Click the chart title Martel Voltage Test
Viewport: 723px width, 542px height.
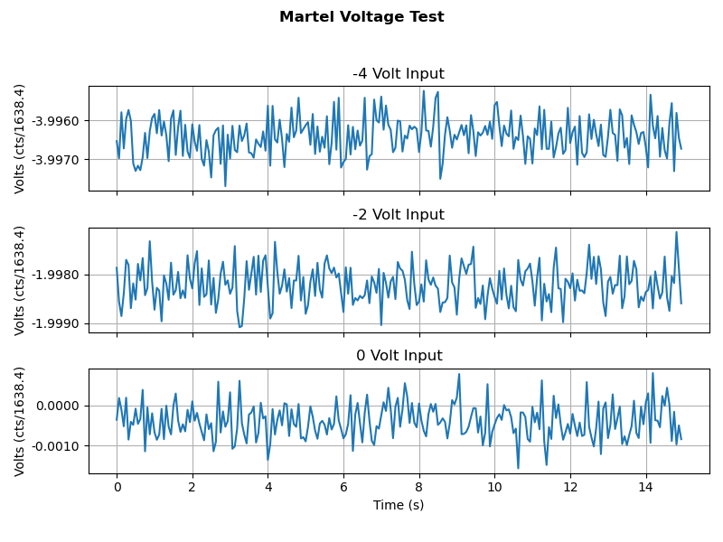coord(361,17)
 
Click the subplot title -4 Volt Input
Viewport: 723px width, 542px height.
coord(399,74)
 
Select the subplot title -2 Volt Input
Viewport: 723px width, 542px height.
coord(399,215)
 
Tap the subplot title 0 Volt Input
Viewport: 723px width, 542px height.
coord(399,356)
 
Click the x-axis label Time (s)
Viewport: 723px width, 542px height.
coord(399,505)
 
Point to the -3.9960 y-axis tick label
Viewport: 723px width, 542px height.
coord(55,121)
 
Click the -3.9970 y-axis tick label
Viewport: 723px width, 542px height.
coord(55,160)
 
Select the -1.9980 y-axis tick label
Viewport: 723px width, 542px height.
coord(55,275)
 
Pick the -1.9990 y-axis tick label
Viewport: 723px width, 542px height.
coord(55,323)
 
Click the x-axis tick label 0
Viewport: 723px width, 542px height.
coord(117,487)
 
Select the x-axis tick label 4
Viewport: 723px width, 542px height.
coord(268,487)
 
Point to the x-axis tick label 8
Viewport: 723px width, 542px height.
coord(418,487)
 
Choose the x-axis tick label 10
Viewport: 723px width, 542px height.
coord(494,487)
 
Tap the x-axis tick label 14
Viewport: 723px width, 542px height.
coord(645,487)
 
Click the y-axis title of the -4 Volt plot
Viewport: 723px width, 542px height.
coord(20,139)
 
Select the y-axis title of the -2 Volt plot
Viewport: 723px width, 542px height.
coord(20,280)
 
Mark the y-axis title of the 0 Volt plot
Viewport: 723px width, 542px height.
coord(20,421)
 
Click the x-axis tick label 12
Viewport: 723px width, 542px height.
coord(570,487)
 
